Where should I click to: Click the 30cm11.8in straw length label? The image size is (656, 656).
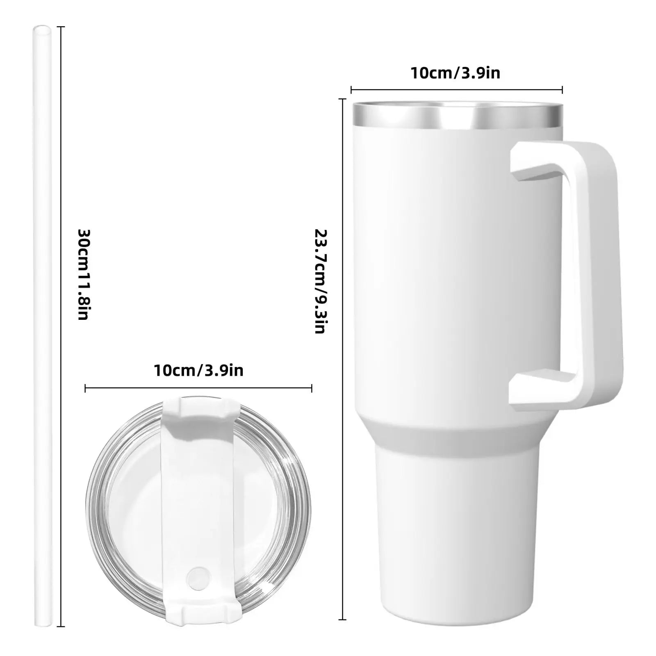coord(83,274)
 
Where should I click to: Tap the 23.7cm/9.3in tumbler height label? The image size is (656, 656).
coord(320,281)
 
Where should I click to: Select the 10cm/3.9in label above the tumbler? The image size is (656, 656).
coord(455,73)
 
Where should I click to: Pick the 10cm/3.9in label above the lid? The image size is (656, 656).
coord(198,370)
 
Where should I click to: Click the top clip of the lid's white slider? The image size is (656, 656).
coord(198,410)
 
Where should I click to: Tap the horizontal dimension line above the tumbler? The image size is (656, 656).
coord(456,90)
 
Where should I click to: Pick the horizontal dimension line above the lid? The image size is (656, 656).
coord(198,388)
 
